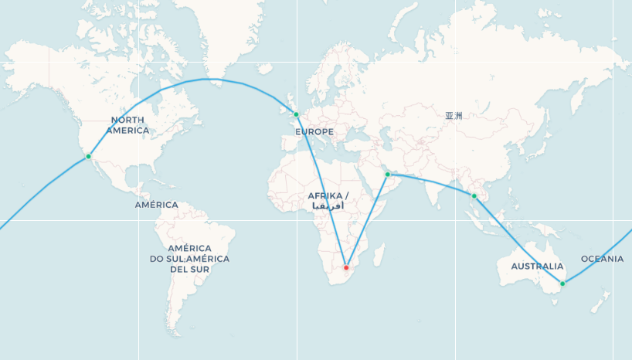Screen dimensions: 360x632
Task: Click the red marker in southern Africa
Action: click(346, 267)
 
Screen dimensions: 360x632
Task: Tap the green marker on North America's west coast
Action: click(88, 156)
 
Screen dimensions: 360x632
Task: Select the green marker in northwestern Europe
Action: click(296, 115)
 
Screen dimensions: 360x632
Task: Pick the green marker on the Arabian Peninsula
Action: click(388, 175)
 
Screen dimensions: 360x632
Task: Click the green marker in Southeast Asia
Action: click(474, 196)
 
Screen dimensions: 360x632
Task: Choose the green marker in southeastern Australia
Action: click(562, 284)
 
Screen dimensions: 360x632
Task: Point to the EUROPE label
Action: click(314, 131)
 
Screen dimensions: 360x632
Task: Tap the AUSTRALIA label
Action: click(537, 266)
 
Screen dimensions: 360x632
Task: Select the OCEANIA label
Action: click(602, 259)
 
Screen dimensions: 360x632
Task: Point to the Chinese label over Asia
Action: click(454, 116)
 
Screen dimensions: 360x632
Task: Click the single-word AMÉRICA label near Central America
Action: click(156, 205)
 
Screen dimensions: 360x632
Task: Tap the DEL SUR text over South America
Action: click(189, 270)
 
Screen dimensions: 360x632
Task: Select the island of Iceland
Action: click(265, 69)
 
